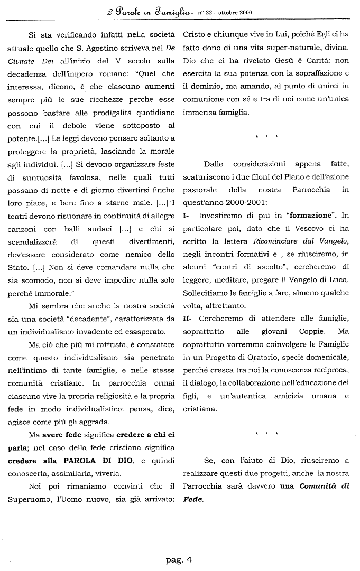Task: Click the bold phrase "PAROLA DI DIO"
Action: (x=89, y=461)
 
